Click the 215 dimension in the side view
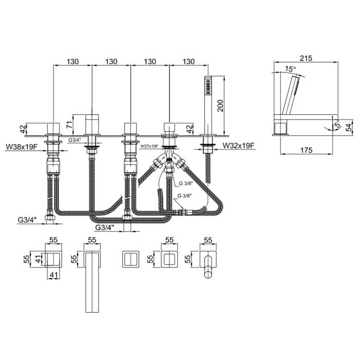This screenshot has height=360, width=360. click(306, 58)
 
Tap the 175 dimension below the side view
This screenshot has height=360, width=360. click(307, 150)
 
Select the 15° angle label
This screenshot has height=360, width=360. click(291, 68)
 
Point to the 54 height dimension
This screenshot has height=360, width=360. click(348, 127)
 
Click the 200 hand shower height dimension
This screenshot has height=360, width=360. click(220, 105)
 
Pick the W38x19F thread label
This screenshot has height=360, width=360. click(22, 147)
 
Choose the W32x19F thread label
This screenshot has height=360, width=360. click(239, 146)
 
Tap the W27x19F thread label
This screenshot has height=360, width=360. click(149, 146)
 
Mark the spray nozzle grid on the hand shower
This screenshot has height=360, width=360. click(208, 87)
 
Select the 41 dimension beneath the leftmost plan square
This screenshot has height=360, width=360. click(53, 275)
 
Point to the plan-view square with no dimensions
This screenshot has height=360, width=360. click(131, 259)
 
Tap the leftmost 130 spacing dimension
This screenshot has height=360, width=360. click(73, 62)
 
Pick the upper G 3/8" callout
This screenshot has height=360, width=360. click(185, 183)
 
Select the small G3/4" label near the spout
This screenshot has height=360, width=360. click(75, 140)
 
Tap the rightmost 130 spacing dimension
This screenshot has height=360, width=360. click(189, 62)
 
